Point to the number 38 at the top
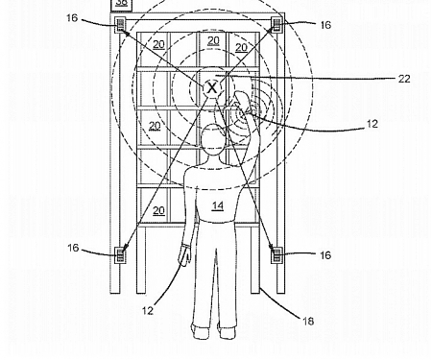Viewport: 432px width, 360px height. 121,4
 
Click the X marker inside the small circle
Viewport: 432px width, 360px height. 213,87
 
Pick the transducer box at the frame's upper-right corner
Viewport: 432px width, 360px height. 276,25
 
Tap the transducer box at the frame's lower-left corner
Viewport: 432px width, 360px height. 122,254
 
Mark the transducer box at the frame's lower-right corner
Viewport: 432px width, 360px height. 276,254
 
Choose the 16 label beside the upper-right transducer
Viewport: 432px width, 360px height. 324,26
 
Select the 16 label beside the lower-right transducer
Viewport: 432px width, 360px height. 324,255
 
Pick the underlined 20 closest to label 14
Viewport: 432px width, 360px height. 158,210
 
